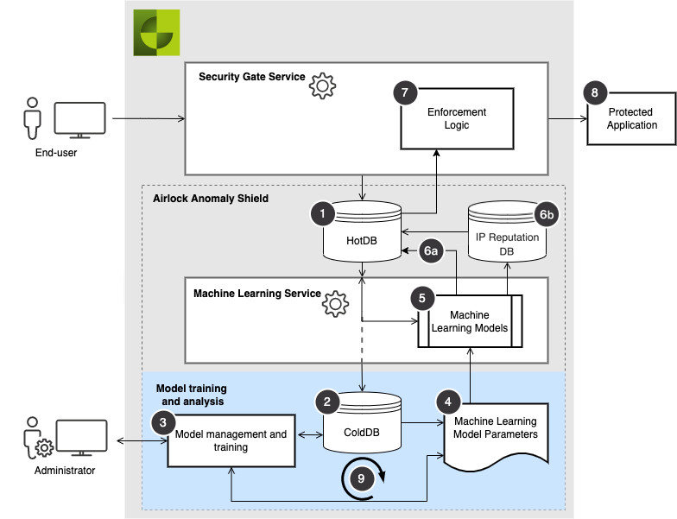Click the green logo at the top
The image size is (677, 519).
point(156,33)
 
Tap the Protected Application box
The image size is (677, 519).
point(632,119)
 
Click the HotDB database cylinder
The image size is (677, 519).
point(362,234)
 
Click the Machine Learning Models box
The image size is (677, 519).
point(471,321)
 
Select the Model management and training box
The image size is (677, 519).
point(231,440)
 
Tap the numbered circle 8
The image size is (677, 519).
point(594,92)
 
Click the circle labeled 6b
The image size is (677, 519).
point(547,214)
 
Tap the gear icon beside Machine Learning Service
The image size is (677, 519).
point(334,304)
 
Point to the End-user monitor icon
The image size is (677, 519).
point(79,120)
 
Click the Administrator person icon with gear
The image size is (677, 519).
point(35,440)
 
